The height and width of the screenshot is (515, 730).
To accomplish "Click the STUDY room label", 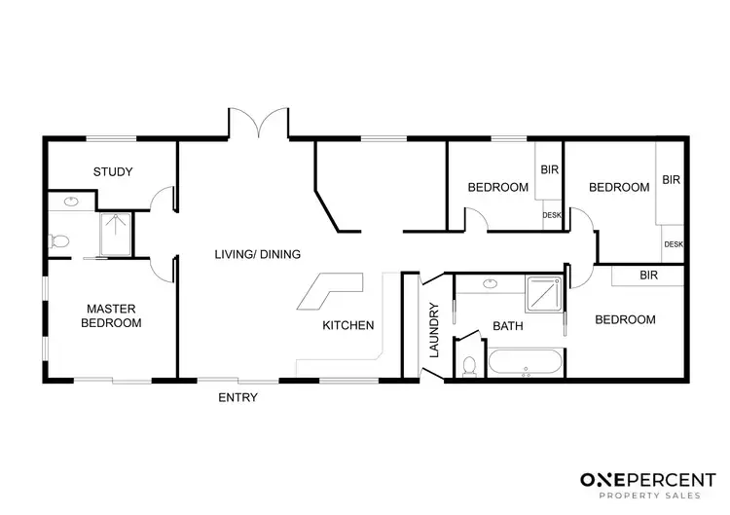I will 113,172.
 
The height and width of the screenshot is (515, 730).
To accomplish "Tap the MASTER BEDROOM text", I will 111,315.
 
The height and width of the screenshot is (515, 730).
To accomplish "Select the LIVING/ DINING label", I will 257,254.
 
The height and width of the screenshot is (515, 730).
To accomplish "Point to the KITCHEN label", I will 348,326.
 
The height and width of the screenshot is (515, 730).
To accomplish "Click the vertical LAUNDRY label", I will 435,329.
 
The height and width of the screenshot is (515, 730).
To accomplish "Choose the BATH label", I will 507,326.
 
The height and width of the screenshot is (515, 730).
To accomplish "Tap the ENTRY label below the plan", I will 237,397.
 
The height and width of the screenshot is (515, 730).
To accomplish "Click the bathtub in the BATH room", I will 525,363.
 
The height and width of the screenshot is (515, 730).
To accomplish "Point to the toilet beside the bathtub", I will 469,364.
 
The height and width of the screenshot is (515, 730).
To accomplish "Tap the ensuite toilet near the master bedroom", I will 60,239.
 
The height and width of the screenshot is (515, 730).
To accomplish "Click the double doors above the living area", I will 259,125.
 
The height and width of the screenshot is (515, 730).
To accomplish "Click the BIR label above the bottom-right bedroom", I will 648,276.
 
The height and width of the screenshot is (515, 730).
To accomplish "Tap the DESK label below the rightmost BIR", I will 673,244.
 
